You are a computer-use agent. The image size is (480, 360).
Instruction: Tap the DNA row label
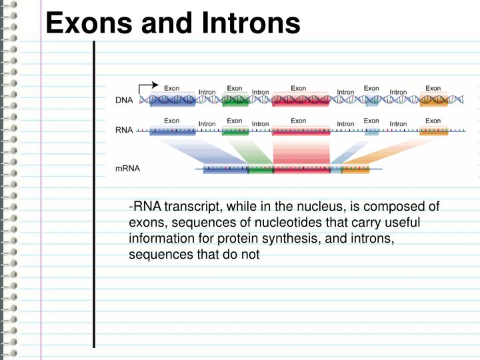[x=124, y=101]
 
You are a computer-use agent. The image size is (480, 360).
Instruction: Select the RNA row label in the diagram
[x=124, y=131]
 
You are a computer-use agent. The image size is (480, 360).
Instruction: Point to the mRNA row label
[x=127, y=169]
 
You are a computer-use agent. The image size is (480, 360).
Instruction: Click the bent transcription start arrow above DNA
[x=147, y=87]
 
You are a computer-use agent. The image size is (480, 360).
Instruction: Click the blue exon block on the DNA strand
[x=172, y=101]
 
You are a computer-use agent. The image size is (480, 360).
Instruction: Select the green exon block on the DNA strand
[x=235, y=101]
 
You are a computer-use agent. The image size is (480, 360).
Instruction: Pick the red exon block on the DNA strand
[x=301, y=101]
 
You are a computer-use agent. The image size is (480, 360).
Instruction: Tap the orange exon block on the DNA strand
[x=433, y=101]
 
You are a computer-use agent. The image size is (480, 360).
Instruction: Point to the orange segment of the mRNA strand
[x=355, y=170]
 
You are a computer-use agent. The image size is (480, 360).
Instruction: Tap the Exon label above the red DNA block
[x=299, y=88]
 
